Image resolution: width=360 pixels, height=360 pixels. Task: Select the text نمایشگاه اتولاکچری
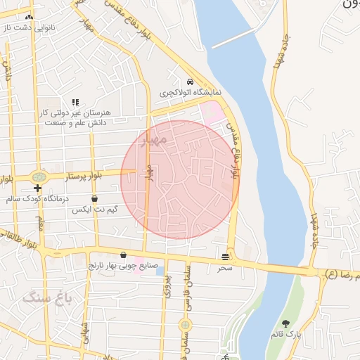(x=190, y=92)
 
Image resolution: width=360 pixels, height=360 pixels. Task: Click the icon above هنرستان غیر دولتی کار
(x=75, y=102)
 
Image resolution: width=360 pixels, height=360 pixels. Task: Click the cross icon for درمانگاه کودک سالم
(x=37, y=188)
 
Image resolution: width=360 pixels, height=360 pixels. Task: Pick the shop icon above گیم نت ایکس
(x=94, y=199)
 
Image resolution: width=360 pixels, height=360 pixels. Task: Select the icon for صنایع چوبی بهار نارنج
(x=124, y=255)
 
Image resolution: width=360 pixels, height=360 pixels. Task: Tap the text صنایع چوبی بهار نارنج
(x=120, y=266)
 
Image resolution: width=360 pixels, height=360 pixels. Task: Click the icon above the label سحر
(x=225, y=257)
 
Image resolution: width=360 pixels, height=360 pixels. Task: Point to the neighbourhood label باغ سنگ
(x=53, y=297)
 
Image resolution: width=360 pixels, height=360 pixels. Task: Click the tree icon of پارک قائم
(x=285, y=324)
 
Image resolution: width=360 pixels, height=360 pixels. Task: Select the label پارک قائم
(x=289, y=335)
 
